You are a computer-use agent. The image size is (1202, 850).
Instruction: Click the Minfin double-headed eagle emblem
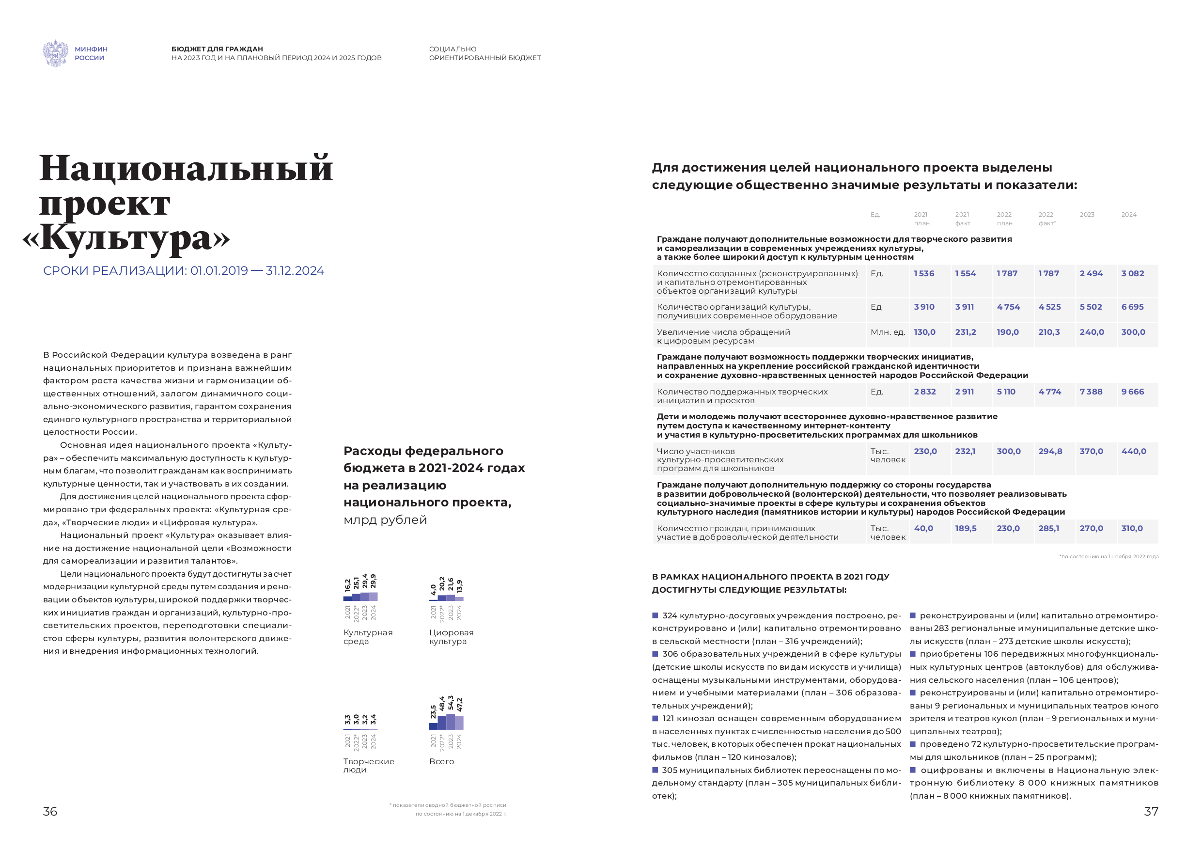coord(55,53)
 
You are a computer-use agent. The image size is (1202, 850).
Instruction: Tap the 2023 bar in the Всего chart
coord(450,722)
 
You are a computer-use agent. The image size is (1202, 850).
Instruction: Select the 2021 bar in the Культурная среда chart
coord(348,598)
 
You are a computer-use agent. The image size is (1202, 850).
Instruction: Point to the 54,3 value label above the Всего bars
coord(451,703)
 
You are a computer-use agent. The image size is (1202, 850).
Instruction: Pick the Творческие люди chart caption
coord(369,765)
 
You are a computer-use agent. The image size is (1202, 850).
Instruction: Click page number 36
coord(50,811)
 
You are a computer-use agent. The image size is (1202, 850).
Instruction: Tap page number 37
coord(1151,811)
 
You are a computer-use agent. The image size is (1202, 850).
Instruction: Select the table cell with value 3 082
coord(1132,273)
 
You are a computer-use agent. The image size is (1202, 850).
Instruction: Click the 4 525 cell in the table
coord(1050,307)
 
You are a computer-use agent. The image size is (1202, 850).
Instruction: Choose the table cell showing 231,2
coord(966,332)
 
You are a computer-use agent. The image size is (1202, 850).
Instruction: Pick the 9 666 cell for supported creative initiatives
coord(1132,392)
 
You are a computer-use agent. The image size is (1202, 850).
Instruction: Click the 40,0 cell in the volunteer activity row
coord(923,528)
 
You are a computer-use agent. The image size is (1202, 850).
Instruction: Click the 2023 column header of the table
coord(1087,215)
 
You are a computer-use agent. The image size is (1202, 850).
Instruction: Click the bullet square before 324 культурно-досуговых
coord(655,615)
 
